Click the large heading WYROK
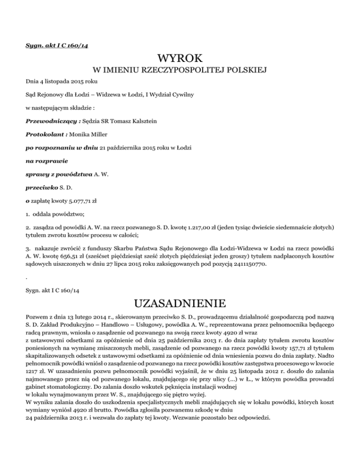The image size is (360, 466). [180, 60]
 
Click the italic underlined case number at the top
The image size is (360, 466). [52, 45]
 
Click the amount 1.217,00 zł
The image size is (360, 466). [201, 226]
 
